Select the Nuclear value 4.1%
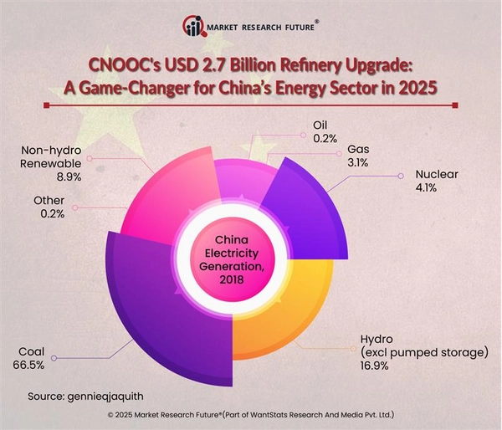coord(430,190)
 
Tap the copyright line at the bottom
coord(250,414)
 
